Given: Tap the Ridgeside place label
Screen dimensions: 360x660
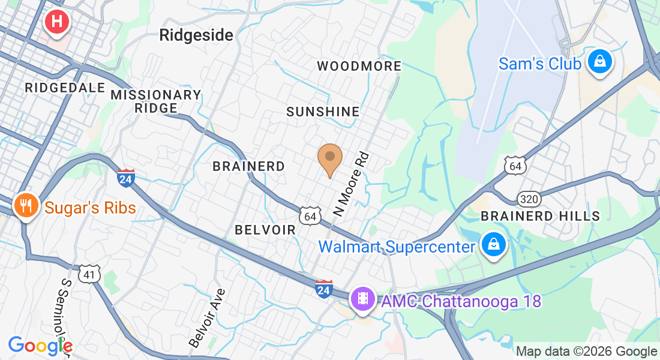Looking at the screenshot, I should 196,35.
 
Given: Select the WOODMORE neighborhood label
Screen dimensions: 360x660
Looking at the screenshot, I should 359,66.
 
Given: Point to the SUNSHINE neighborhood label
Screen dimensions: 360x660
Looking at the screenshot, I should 323,112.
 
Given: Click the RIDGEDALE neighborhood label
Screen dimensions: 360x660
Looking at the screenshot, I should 65,88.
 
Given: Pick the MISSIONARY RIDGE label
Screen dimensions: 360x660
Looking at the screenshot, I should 156,101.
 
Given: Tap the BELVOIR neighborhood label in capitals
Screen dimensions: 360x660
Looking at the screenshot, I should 265,230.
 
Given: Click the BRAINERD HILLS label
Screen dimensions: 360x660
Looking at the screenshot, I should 541,216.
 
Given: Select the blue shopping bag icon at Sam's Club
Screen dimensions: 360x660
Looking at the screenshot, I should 599,62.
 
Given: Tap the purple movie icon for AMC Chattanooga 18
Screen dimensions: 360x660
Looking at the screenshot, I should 363,298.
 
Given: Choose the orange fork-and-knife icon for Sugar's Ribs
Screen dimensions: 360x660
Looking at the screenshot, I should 25,206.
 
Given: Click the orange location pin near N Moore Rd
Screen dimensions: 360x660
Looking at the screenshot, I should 329,158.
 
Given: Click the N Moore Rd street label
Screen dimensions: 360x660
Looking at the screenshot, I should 350,184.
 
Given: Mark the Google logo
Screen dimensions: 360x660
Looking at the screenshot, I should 40,346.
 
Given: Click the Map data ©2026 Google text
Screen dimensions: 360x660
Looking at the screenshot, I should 586,352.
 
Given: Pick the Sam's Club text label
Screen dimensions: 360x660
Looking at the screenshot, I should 539,64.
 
